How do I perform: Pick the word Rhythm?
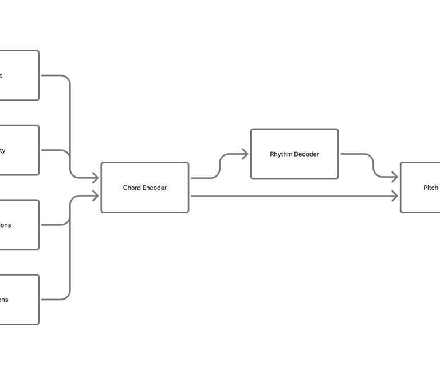click(x=281, y=154)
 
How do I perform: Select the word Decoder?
click(x=307, y=154)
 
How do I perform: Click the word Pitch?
click(x=430, y=187)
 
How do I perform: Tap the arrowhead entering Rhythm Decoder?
click(x=245, y=154)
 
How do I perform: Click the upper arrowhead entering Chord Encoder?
click(x=95, y=178)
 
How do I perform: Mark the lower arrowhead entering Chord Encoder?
click(x=95, y=196)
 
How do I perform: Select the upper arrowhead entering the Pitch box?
click(x=394, y=178)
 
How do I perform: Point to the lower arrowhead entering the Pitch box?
click(x=394, y=196)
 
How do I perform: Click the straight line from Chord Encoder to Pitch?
click(x=292, y=196)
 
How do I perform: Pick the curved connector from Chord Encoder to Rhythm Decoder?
click(x=220, y=166)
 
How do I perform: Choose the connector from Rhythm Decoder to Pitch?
click(x=374, y=166)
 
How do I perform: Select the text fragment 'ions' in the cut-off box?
click(x=5, y=225)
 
